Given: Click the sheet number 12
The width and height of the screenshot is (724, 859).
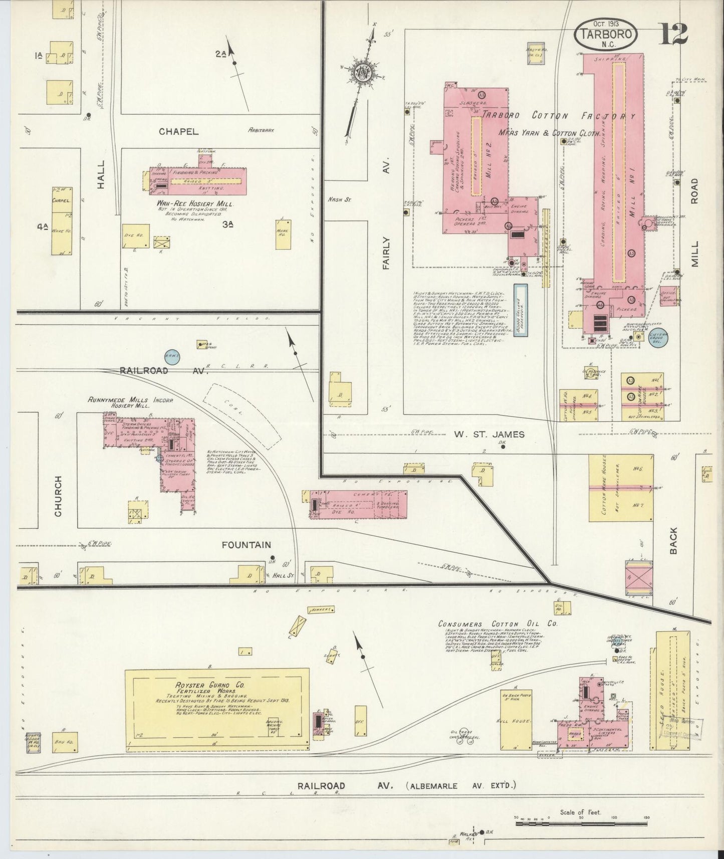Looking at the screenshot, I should [x=673, y=34].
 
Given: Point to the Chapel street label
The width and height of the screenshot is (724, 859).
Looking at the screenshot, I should [x=179, y=132].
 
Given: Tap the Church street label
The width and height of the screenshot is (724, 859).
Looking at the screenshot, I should [x=58, y=496].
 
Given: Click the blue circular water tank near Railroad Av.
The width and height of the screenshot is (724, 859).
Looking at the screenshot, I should [x=172, y=356].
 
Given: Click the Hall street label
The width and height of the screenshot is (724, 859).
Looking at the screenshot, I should [x=101, y=174].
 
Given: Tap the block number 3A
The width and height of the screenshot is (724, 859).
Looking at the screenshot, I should [x=228, y=226].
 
